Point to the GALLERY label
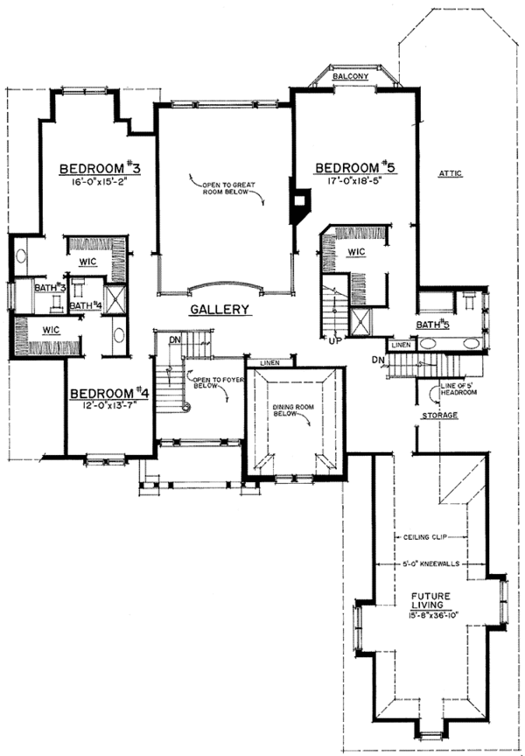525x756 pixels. [220, 309]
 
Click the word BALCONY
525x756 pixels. [354, 78]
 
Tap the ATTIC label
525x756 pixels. [451, 174]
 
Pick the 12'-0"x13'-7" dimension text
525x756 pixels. [109, 407]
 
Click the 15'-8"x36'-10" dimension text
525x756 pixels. [435, 617]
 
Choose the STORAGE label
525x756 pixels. [440, 415]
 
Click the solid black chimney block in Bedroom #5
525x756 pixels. [299, 203]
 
